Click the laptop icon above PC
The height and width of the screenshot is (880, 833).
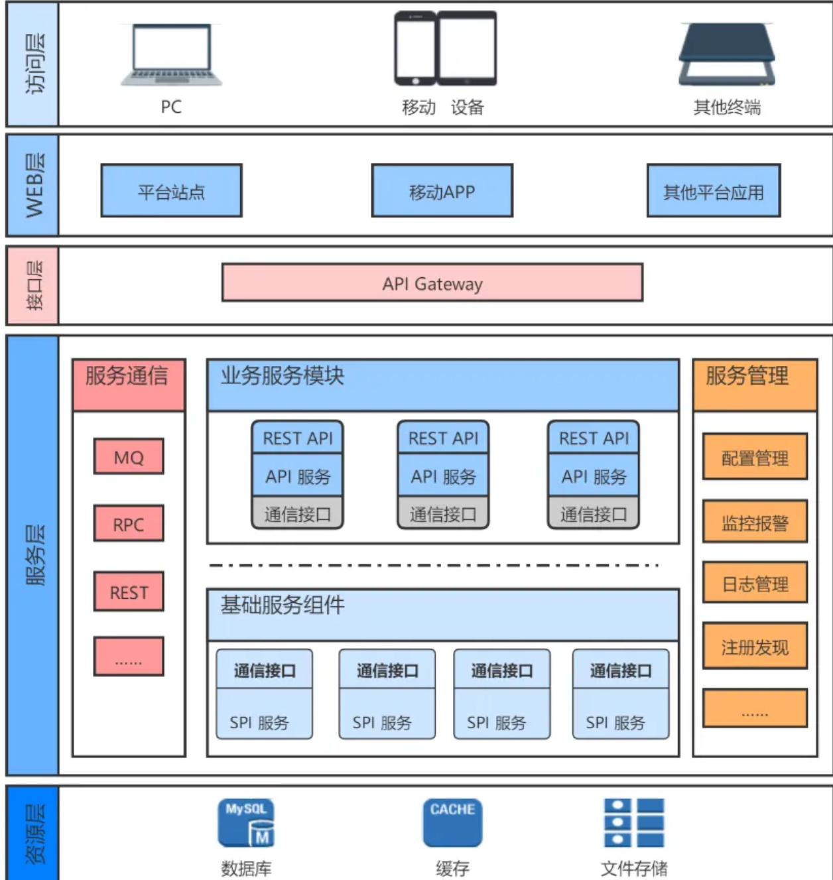[171, 55]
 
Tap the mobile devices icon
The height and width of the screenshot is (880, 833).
[445, 48]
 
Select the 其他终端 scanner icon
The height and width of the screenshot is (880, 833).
[727, 54]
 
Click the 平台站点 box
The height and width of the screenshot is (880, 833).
[171, 191]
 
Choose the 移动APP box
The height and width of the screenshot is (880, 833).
[442, 191]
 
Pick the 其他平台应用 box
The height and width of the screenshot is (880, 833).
[714, 191]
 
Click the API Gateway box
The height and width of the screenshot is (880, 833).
[432, 283]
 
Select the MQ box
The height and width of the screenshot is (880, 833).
[129, 456]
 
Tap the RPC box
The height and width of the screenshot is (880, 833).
[129, 524]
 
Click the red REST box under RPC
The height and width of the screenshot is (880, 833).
[129, 592]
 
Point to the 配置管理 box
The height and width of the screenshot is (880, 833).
[755, 457]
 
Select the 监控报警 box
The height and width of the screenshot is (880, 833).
[755, 522]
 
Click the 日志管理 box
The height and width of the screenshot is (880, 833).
[755, 583]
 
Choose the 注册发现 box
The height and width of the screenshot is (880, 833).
[755, 646]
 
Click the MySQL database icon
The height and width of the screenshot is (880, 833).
[246, 823]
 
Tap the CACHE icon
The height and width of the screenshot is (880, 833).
[452, 822]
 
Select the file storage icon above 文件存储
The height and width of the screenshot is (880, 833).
[633, 822]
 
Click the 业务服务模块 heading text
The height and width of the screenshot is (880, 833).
[283, 376]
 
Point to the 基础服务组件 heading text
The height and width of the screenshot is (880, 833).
[283, 605]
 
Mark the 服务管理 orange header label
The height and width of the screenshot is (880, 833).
[747, 376]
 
